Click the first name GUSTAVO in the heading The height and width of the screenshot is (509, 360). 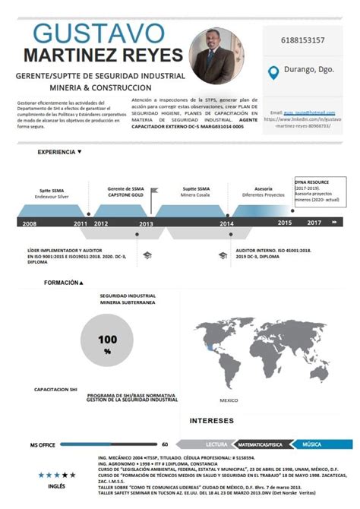pos(99,33)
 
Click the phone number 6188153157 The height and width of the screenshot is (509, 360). pos(303,40)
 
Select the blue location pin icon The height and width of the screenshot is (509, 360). pos(274,73)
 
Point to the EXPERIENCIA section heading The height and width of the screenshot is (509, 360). pos(57,152)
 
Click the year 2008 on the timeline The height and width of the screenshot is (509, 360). pos(30,224)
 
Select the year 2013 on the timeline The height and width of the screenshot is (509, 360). pos(146,224)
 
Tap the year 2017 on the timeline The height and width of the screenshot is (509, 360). pos(314,223)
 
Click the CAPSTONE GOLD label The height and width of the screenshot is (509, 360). pos(126,194)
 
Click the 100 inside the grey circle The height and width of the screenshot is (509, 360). pos(108,339)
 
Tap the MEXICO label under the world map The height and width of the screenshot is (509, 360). pos(229,400)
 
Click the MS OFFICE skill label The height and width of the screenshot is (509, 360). pos(43,444)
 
